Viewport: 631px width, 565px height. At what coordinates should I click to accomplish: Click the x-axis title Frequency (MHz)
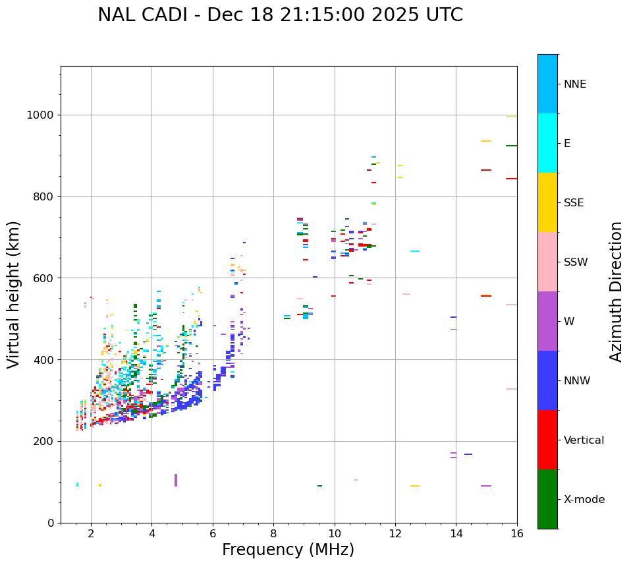pos(288,550)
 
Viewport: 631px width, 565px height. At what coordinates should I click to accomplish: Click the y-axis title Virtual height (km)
pos(14,294)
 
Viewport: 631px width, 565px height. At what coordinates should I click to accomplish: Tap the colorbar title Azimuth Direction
pos(616,291)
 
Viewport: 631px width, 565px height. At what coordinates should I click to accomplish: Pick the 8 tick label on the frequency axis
pos(273,533)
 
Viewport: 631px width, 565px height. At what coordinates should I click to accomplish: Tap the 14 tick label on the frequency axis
pos(456,533)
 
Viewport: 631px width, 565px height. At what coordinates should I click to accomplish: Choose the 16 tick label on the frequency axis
pos(517,533)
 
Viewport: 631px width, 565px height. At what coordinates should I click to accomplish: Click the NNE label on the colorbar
pos(574,84)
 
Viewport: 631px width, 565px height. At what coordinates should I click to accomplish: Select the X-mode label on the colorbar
pos(584,500)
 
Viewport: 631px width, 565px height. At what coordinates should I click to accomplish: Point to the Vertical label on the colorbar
pos(584,440)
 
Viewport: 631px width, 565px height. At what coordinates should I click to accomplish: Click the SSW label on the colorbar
pos(576,262)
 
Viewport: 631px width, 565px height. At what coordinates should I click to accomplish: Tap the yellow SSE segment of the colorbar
pos(547,202)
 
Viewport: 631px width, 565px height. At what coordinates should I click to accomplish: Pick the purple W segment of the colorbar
pos(547,321)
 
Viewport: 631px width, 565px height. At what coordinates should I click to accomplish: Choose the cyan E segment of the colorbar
pos(547,143)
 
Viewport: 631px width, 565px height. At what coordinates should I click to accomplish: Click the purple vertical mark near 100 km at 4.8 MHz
pos(176,480)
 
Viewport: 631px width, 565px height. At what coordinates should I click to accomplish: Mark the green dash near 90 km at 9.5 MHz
pos(319,486)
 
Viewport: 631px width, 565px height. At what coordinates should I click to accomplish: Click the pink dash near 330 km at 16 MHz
pos(511,389)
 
